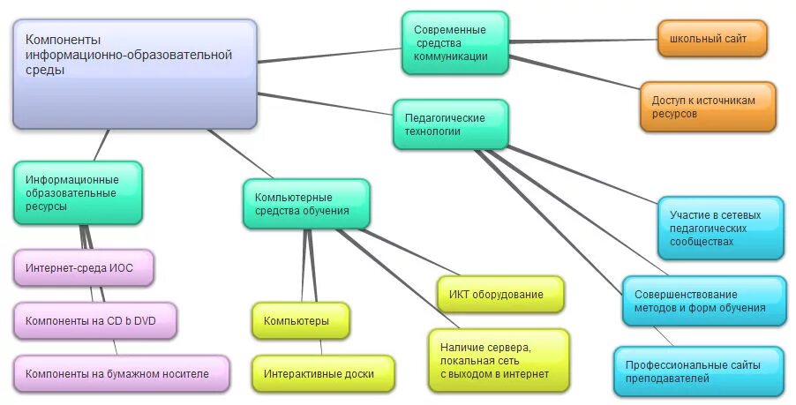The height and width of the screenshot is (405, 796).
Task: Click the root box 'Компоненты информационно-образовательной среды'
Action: pos(134,74)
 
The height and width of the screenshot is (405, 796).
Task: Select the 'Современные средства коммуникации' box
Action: pos(454,43)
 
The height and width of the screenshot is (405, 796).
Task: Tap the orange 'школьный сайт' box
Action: pos(711,38)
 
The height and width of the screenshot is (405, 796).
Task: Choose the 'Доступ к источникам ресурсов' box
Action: pos(708,107)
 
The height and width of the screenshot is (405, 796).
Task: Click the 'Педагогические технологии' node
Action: pos(450,124)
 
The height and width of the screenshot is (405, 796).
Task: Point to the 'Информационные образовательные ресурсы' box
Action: pos(78,192)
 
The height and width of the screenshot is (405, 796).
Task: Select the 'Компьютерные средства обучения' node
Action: pos(306,204)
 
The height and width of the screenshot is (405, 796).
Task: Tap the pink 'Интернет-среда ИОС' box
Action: pos(84,267)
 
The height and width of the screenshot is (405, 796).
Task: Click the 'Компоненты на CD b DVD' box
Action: pos(94,320)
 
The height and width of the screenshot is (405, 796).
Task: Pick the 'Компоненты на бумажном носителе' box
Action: pos(121,373)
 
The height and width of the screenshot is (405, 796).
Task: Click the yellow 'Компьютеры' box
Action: pos(300,320)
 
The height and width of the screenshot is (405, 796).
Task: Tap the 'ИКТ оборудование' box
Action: pos(500,294)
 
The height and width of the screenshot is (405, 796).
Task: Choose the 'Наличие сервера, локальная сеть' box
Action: pos(499,360)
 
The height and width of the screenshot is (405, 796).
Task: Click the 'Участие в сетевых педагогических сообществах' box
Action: pos(720,228)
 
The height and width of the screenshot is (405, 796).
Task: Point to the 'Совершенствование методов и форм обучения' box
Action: pos(703,301)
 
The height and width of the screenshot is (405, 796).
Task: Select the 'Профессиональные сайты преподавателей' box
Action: pos(698,371)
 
